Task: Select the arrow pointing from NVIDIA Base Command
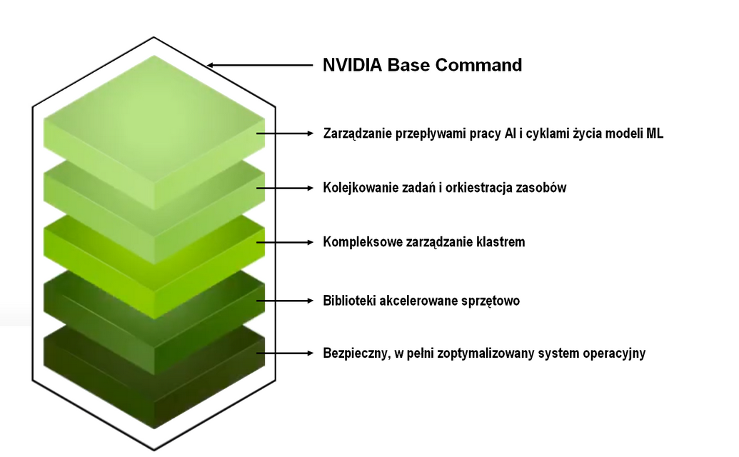pyautogui.click(x=260, y=65)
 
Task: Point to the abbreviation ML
pyautogui.click(x=655, y=134)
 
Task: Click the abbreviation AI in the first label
pyautogui.click(x=510, y=134)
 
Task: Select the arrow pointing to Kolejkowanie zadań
pyautogui.click(x=285, y=188)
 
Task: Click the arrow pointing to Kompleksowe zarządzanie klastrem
pyautogui.click(x=285, y=242)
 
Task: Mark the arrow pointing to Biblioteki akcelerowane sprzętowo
pyautogui.click(x=285, y=300)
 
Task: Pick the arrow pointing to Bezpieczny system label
pyautogui.click(x=285, y=353)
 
